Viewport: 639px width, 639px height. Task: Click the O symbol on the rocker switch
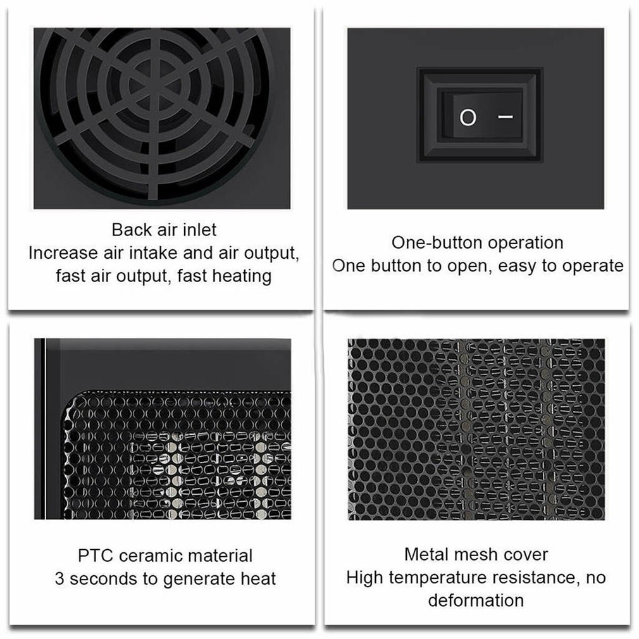point(468,118)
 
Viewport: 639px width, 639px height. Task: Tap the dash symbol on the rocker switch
point(506,116)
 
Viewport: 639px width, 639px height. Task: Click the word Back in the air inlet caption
point(132,230)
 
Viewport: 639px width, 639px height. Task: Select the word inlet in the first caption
point(200,230)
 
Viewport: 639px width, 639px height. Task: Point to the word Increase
point(63,252)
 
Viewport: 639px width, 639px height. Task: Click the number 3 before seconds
point(59,579)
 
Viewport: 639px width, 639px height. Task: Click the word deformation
point(476,600)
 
